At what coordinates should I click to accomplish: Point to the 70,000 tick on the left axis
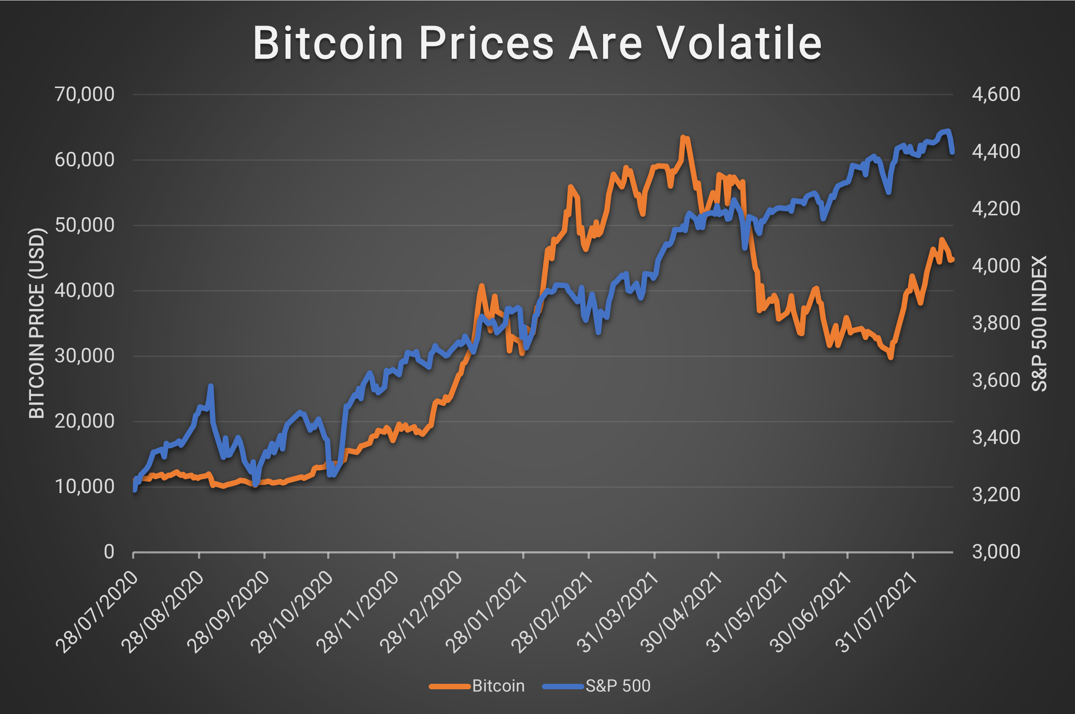click(84, 94)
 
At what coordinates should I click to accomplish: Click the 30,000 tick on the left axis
click(84, 356)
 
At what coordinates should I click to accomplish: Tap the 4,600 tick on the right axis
click(996, 94)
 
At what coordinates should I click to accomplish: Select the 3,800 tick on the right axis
click(996, 323)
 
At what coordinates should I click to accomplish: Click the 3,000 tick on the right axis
click(996, 552)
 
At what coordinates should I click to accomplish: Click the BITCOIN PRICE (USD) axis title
click(36, 323)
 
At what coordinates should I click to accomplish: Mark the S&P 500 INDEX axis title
click(1039, 323)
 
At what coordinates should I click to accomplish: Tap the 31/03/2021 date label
click(619, 613)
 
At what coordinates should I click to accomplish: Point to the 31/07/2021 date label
click(877, 613)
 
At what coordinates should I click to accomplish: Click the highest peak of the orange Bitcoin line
click(683, 137)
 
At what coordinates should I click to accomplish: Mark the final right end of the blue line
click(952, 152)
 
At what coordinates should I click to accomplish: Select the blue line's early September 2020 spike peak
click(211, 386)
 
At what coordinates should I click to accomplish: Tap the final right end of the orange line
click(952, 260)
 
